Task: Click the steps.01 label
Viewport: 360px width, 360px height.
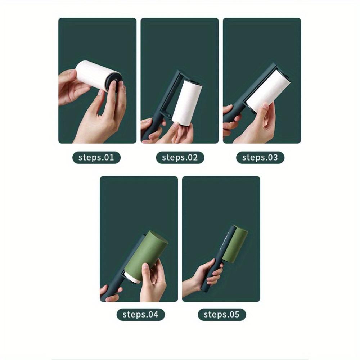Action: pyautogui.click(x=96, y=157)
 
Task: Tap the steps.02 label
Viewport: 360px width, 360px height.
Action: pyautogui.click(x=180, y=157)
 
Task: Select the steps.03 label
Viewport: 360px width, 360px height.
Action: pyautogui.click(x=260, y=157)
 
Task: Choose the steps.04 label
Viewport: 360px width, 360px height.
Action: pyautogui.click(x=140, y=314)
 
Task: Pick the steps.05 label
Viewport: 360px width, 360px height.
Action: pyautogui.click(x=221, y=314)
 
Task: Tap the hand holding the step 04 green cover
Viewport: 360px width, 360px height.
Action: pyautogui.click(x=153, y=281)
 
